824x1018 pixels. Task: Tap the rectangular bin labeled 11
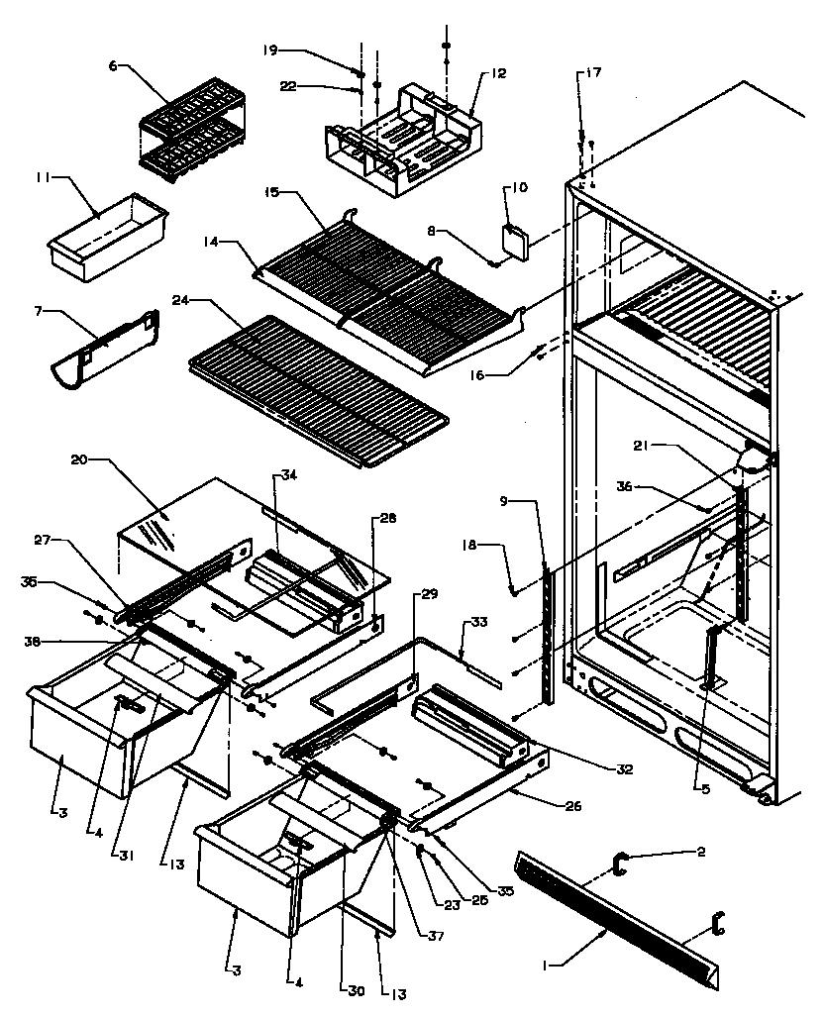pyautogui.click(x=104, y=238)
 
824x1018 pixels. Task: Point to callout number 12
pyautogui.click(x=497, y=73)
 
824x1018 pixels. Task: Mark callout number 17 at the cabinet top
pyautogui.click(x=593, y=73)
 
